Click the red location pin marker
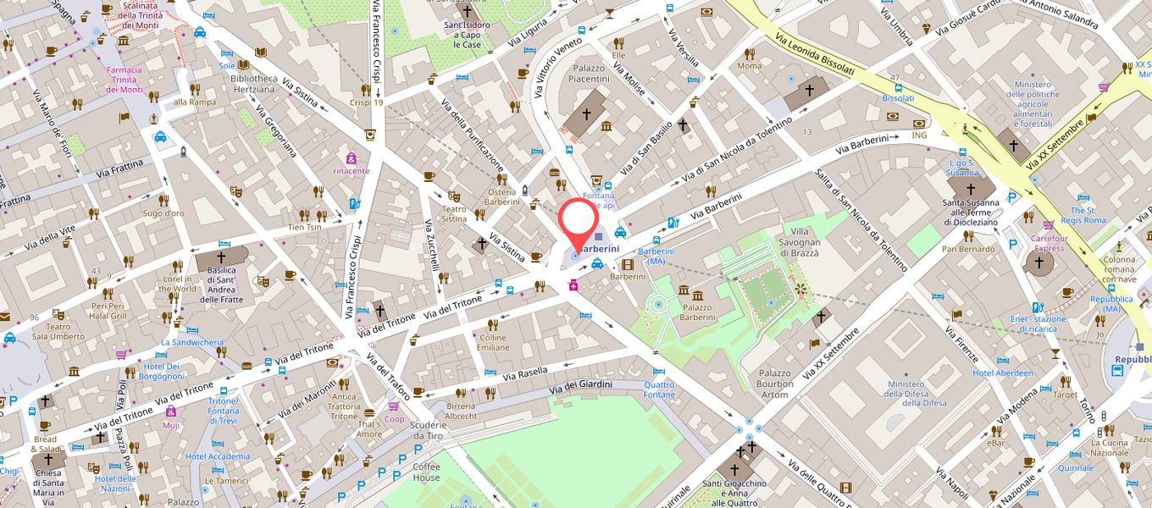click(579, 219)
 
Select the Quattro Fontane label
click(659, 389)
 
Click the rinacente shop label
click(351, 170)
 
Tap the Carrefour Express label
click(1049, 243)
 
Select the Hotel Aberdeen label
click(1003, 373)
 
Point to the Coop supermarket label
click(395, 419)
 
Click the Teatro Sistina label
click(454, 213)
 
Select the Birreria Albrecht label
click(461, 411)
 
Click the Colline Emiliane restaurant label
click(493, 342)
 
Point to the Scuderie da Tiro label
click(426, 429)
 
